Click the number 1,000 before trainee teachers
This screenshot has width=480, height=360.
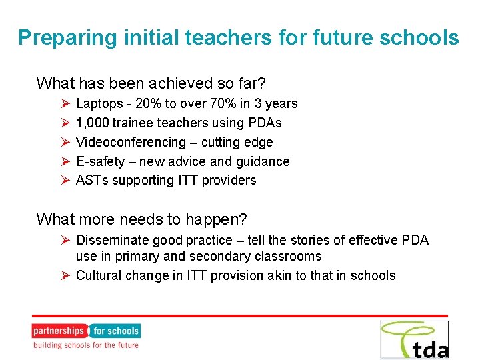[93, 123]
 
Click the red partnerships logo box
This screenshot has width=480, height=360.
[59, 331]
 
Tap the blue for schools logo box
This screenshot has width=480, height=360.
[115, 331]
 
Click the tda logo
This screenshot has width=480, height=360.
[414, 340]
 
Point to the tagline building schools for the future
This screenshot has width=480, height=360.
[86, 345]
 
